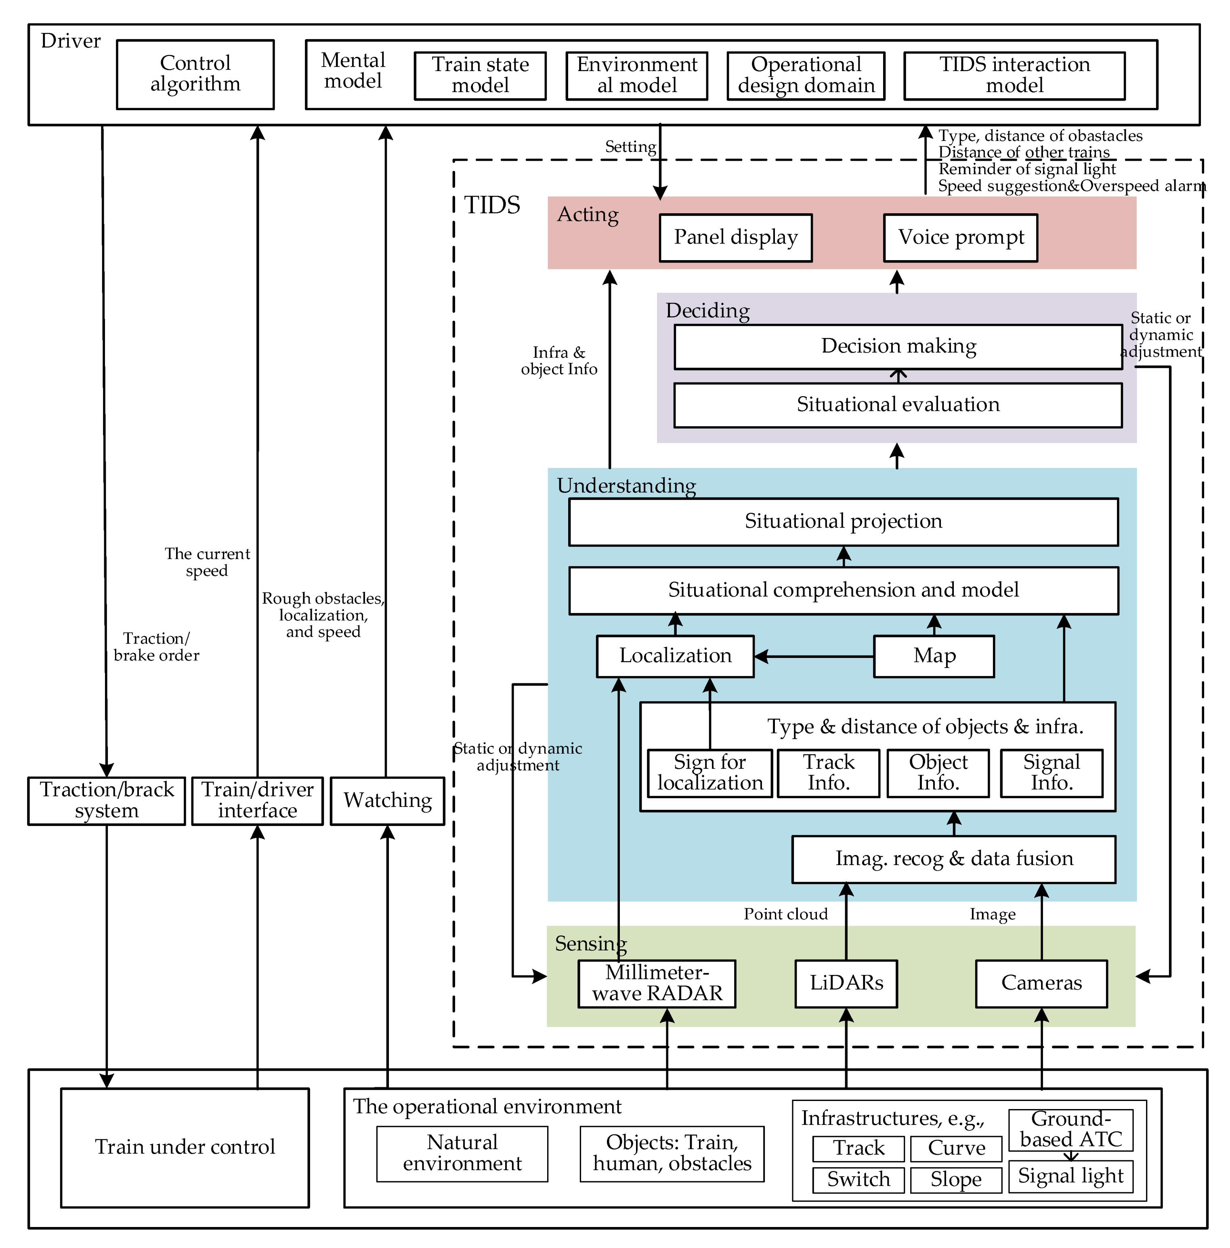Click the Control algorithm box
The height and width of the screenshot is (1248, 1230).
pos(195,74)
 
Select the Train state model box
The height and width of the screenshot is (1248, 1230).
pos(480,76)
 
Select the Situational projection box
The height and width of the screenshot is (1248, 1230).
pos(843,522)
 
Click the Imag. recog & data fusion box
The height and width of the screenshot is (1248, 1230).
pos(953,859)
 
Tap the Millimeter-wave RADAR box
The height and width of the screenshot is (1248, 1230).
pos(656,983)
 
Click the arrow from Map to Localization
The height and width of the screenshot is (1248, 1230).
pos(814,656)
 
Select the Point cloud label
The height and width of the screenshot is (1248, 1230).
pos(785,914)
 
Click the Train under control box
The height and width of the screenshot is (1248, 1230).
pos(185,1147)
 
